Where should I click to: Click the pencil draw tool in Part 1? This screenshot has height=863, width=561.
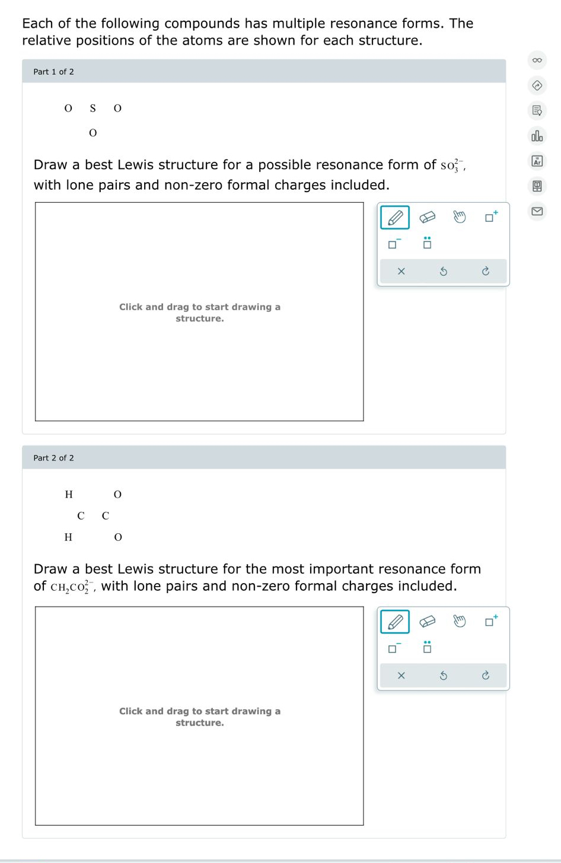pos(395,218)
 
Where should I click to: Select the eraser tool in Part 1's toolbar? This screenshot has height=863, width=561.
pos(427,218)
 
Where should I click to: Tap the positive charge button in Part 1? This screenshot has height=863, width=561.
pos(491,217)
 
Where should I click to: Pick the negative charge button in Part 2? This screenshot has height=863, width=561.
pos(394,648)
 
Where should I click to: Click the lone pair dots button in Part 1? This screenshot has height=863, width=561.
pos(427,243)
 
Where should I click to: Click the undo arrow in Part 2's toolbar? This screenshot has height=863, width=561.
pos(443,676)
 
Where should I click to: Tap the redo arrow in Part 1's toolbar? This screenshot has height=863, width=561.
pos(485,271)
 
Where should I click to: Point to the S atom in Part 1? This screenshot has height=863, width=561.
pos(93,108)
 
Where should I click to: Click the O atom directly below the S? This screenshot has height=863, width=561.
pos(93,133)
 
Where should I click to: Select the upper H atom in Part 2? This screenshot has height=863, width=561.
pos(69,494)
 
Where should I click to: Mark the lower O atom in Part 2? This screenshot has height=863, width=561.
pos(117,537)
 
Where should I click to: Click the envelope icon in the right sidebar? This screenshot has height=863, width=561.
pos(537,211)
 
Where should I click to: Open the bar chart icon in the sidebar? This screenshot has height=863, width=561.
pos(537,136)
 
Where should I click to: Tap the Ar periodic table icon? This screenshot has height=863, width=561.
pos(537,161)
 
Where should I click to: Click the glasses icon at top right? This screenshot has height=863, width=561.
pos(537,60)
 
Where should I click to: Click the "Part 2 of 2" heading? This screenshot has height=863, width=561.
pos(54,458)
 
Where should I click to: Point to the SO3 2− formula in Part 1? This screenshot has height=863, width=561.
pos(452,165)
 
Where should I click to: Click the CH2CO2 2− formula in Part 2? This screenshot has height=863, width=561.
pos(72,587)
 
